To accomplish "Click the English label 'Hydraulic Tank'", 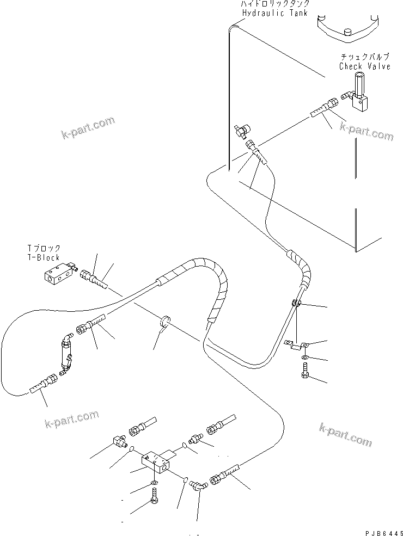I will (x=276, y=13).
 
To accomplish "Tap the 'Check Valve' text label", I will (x=364, y=66).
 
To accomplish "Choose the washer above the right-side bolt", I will (x=303, y=358).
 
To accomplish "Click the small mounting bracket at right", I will (x=296, y=343).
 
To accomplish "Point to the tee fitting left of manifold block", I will (x=121, y=439).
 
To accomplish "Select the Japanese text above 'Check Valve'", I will (x=365, y=57).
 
